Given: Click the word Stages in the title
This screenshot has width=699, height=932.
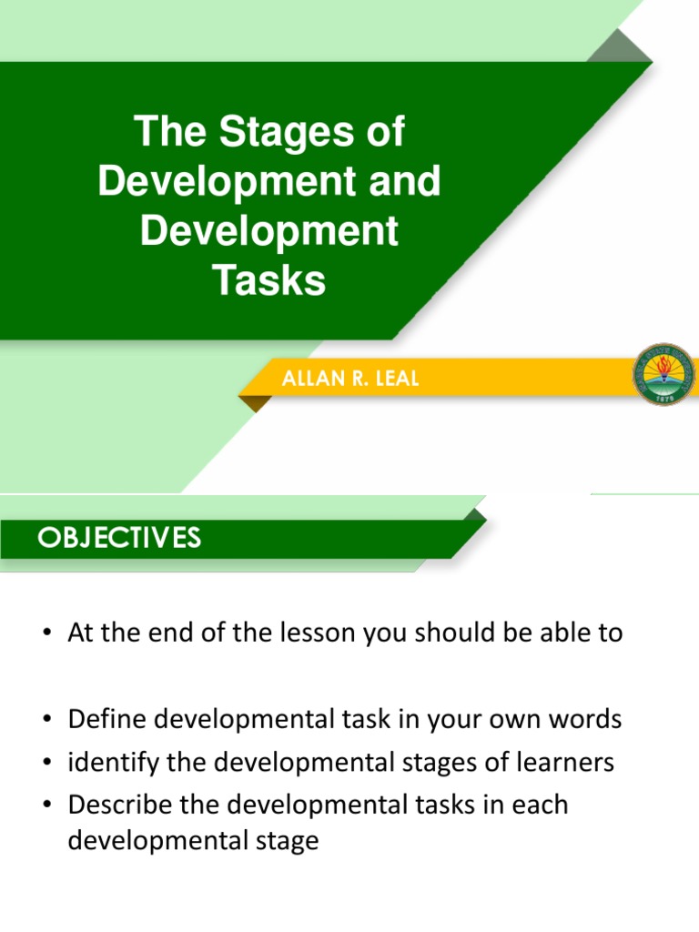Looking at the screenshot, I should click(x=274, y=133).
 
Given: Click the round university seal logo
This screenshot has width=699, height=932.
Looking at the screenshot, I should click(x=663, y=375).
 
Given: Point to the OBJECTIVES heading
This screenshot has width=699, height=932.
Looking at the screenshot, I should click(x=119, y=538).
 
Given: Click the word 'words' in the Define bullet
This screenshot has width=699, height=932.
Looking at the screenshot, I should click(x=582, y=720).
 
